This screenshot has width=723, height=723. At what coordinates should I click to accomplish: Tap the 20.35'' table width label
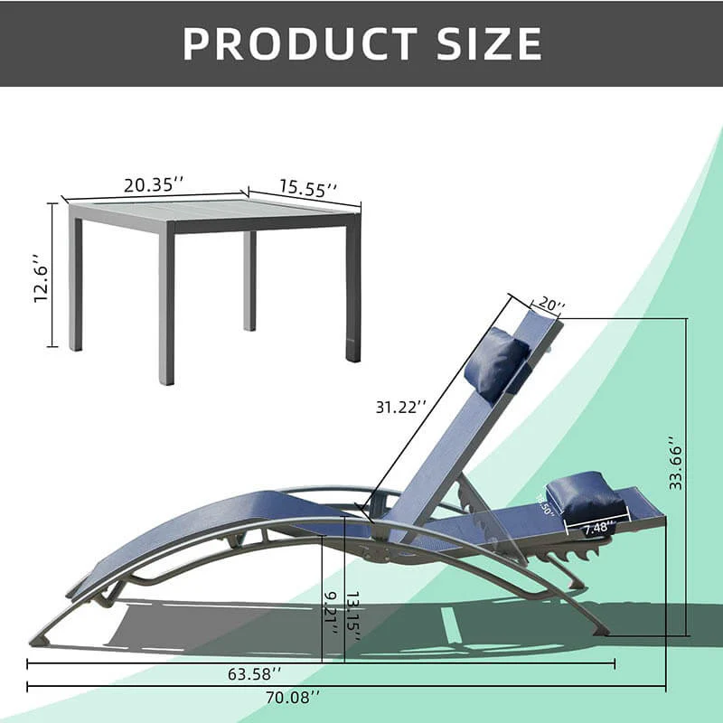154,184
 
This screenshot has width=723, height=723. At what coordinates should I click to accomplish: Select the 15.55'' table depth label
308,188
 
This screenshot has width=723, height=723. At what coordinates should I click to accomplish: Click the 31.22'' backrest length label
400,407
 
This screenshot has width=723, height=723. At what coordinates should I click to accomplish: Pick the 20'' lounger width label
550,306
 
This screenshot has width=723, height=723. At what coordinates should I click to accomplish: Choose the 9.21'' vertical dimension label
332,614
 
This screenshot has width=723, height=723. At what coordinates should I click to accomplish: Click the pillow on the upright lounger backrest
494,364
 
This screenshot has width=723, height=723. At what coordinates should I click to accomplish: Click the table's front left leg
166,307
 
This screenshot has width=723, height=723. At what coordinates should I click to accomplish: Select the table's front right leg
352,289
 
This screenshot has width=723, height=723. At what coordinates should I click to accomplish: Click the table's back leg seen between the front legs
249,280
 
